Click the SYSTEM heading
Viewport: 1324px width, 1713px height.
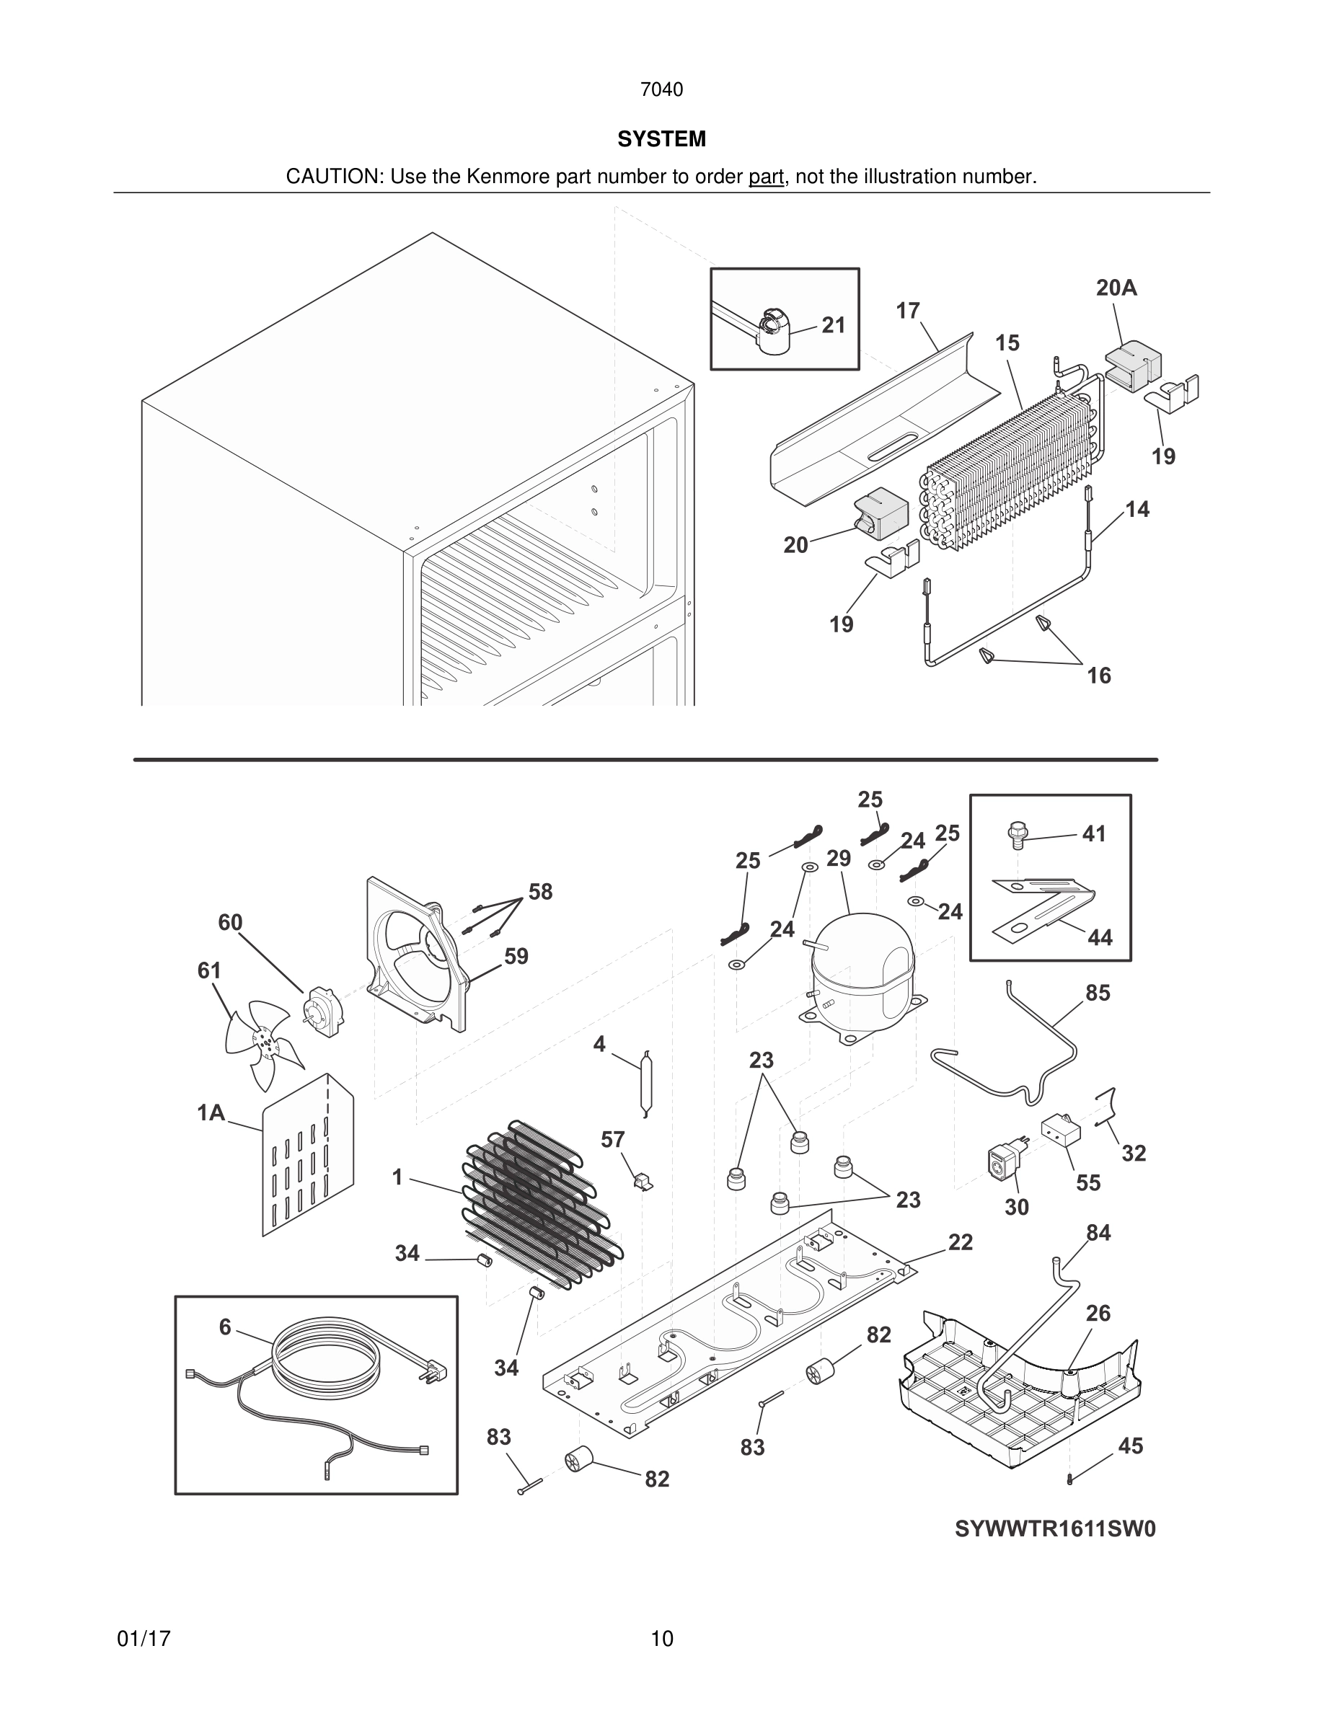coord(661,139)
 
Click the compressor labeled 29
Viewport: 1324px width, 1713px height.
coord(862,973)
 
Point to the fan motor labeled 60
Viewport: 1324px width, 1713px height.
coord(322,1012)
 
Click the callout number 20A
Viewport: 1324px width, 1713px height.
coord(1116,288)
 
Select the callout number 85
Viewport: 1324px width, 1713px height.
coord(1098,993)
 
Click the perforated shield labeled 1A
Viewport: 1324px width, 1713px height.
coord(307,1157)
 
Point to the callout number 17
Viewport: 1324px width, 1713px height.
coord(907,311)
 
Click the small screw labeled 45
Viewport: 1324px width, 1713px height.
coord(1071,1479)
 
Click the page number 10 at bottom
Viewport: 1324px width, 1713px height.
coord(662,1639)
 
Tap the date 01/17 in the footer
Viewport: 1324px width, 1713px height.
coord(144,1639)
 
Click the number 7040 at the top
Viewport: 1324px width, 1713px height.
coord(661,90)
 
